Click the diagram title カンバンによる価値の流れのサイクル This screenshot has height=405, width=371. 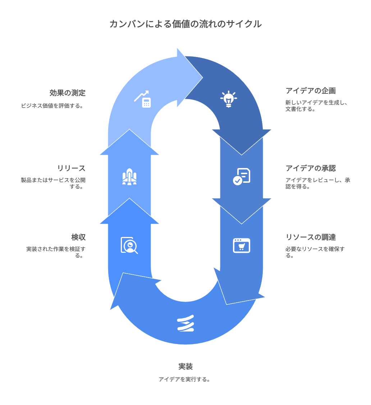tap(185, 24)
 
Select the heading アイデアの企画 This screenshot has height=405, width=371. tap(311, 90)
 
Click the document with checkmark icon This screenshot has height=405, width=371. tap(242, 176)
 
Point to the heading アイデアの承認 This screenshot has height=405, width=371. tap(311, 168)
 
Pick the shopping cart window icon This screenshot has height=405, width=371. tap(242, 246)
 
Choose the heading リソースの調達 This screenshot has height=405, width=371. tap(311, 237)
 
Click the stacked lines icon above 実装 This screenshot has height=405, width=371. tap(185, 323)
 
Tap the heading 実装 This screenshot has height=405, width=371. tap(185, 367)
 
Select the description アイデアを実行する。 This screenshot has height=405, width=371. tap(185, 379)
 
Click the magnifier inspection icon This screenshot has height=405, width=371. tap(129, 246)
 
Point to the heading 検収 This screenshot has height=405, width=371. tap(78, 237)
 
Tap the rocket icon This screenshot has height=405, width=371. tap(129, 177)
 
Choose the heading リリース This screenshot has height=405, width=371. tap(71, 168)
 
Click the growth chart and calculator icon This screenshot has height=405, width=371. tap(142, 99)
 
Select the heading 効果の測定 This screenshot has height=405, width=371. tap(68, 93)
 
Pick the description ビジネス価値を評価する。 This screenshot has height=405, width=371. tap(52, 106)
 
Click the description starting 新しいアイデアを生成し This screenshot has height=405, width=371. tap(316, 106)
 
